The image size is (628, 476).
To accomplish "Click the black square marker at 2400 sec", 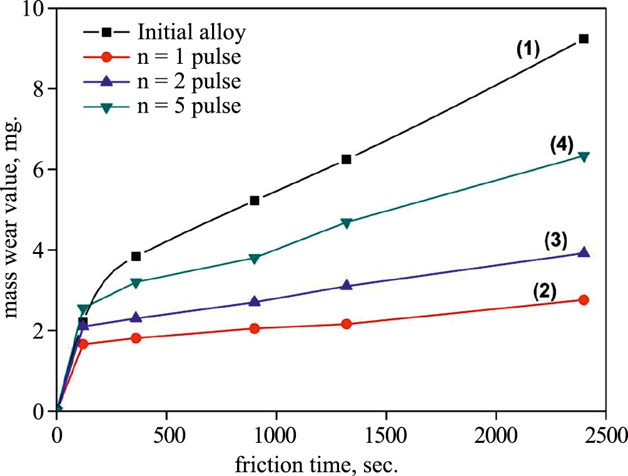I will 584,39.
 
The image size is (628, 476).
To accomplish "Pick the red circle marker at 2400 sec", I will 584,300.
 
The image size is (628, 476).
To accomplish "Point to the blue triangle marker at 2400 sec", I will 584,252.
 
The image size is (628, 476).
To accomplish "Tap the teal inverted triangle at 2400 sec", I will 584,156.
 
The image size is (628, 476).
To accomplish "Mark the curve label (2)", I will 545,291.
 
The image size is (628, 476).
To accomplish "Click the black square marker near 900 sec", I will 255,200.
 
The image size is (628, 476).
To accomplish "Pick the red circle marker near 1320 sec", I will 347,324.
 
